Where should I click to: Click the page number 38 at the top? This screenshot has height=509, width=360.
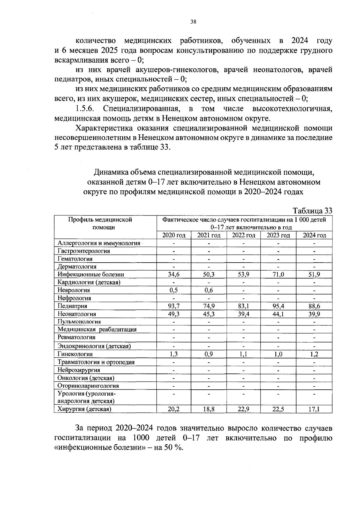(193, 22)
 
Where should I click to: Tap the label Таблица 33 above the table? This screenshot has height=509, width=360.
(312, 211)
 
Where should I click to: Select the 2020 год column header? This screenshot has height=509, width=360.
(174, 235)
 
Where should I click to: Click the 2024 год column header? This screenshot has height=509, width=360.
(314, 235)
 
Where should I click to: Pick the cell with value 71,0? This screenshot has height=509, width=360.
(278, 274)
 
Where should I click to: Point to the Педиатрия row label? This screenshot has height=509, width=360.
(72, 306)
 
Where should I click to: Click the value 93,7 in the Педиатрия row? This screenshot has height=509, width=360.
(174, 306)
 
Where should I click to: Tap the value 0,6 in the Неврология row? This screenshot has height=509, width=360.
(209, 290)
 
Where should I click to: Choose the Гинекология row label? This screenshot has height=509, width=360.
(75, 354)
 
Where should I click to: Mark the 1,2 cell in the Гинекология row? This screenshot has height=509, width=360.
(314, 354)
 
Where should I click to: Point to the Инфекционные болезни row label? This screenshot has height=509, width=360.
(91, 274)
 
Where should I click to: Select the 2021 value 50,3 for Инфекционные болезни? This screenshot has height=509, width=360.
(209, 274)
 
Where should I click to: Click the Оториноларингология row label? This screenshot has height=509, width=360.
(88, 386)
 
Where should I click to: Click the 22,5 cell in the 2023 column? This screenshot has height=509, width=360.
(278, 409)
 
